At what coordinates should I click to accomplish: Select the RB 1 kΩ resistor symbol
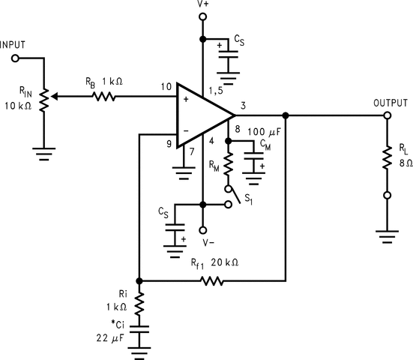click(x=103, y=96)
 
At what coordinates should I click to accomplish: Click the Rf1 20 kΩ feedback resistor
click(x=212, y=281)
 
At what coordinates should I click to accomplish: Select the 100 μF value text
click(x=265, y=132)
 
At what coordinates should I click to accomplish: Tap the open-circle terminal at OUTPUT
click(x=388, y=115)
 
